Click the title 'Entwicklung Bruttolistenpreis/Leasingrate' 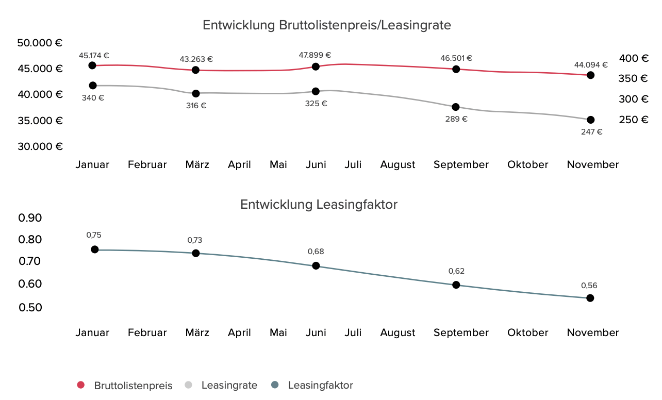tap(326, 25)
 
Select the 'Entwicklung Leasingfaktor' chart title tap(319, 205)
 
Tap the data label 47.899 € tap(315, 55)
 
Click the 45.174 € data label tap(94, 55)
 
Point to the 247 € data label tap(591, 131)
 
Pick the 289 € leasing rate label tap(456, 119)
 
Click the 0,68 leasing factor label tap(316, 252)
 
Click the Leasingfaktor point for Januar tap(94, 249)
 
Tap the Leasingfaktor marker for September tap(456, 285)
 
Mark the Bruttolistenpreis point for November tap(590, 75)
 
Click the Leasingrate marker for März tap(196, 93)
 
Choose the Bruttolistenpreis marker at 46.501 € tap(456, 69)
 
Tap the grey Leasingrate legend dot tap(188, 385)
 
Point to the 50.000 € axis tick tap(40, 43)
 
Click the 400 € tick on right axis tap(633, 58)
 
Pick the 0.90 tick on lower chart tap(30, 218)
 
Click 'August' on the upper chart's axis tap(398, 165)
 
